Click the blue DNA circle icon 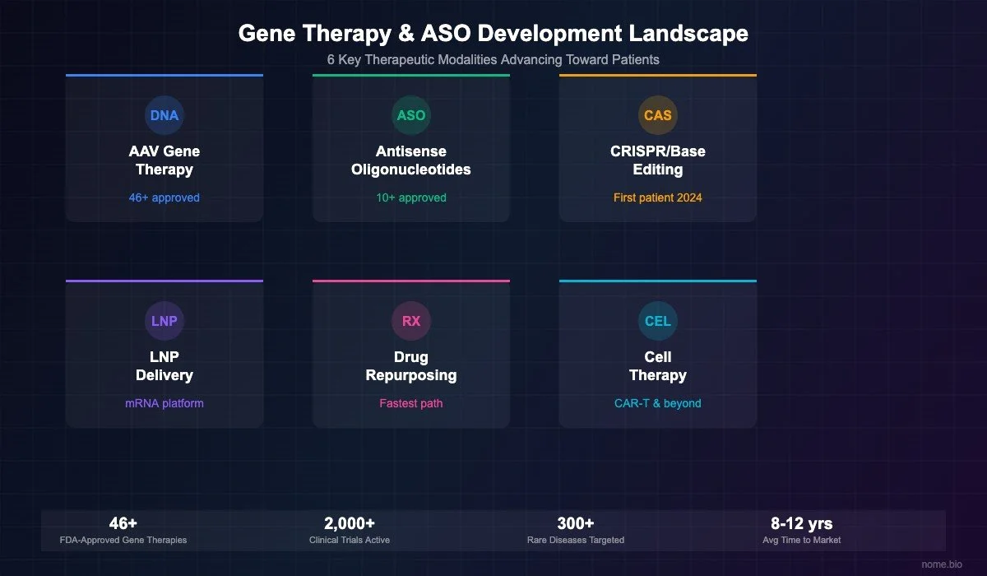[164, 115]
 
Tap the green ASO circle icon [411, 115]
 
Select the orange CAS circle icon [658, 115]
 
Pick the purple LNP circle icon [164, 321]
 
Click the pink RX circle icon [411, 321]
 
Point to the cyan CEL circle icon [658, 321]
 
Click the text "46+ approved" [164, 197]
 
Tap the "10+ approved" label [411, 197]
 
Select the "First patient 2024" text [658, 197]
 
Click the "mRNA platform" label [164, 403]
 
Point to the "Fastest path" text [411, 403]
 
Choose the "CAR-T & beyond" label [658, 403]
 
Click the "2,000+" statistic [350, 523]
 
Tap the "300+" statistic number [576, 523]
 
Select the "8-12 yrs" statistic [802, 523]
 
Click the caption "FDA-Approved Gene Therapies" [123, 540]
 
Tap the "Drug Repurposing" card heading [411, 366]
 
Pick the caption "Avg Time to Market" [802, 540]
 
